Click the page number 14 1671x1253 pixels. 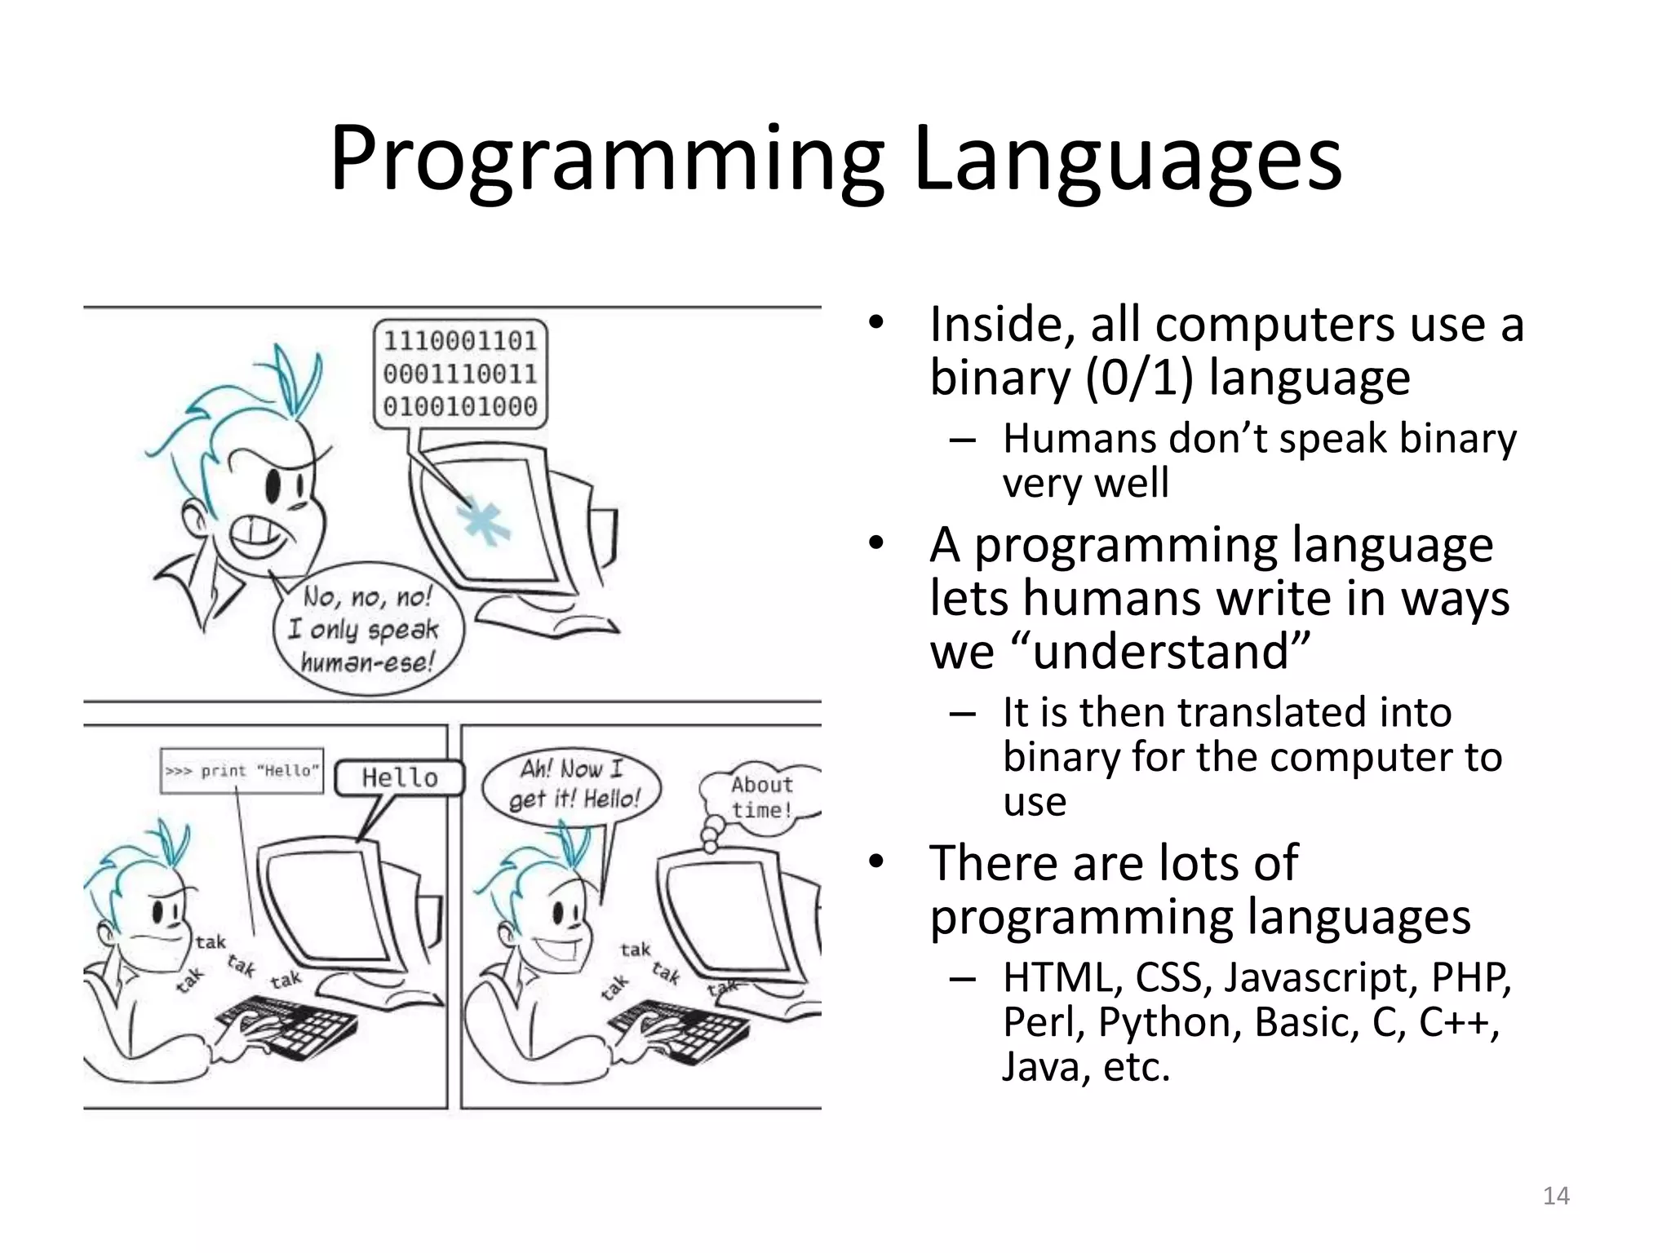(x=1556, y=1196)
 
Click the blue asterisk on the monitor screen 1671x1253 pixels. (x=482, y=522)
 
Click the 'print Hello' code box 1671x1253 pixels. (x=242, y=771)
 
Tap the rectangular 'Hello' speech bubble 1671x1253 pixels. (x=400, y=777)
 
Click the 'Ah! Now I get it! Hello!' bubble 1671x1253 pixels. (x=573, y=784)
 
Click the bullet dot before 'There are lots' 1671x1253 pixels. (x=876, y=861)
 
